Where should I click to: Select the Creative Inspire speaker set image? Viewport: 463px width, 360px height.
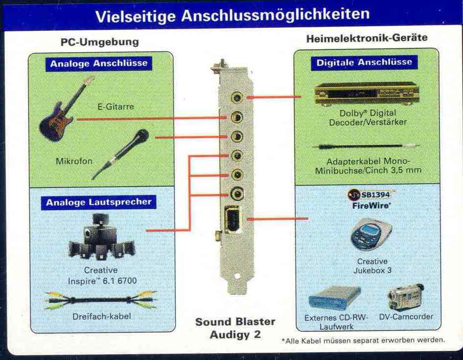pyautogui.click(x=101, y=237)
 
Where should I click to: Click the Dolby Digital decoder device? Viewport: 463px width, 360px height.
pyautogui.click(x=367, y=94)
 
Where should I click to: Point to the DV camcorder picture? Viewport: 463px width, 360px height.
pyautogui.click(x=406, y=297)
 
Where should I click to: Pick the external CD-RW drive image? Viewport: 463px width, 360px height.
pyautogui.click(x=334, y=298)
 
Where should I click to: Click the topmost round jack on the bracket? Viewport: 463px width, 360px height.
pyautogui.click(x=237, y=97)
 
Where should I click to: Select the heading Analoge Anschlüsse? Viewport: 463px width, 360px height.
pyautogui.click(x=99, y=64)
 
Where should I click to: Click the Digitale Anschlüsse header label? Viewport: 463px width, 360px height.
pyautogui.click(x=364, y=62)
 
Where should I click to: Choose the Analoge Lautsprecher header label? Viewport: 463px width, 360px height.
pyautogui.click(x=99, y=202)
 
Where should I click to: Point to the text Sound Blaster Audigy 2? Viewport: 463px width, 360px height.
pyautogui.click(x=235, y=328)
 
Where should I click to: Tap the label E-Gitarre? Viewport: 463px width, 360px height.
pyautogui.click(x=115, y=106)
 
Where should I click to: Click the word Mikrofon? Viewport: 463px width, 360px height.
pyautogui.click(x=74, y=161)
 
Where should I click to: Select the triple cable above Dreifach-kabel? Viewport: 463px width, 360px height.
pyautogui.click(x=100, y=300)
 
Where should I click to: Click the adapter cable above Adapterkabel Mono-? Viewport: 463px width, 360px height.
pyautogui.click(x=366, y=146)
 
